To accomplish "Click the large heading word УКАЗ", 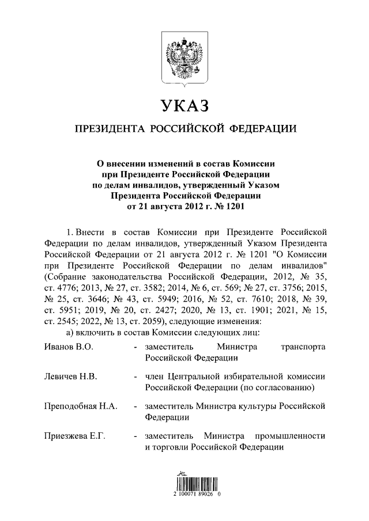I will [x=183, y=107].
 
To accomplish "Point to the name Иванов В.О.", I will [x=68, y=347].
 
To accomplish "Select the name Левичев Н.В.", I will [x=70, y=377].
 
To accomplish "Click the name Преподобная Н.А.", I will [x=81, y=406].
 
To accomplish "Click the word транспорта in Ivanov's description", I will [x=303, y=347].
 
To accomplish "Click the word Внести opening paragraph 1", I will [x=92, y=233].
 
